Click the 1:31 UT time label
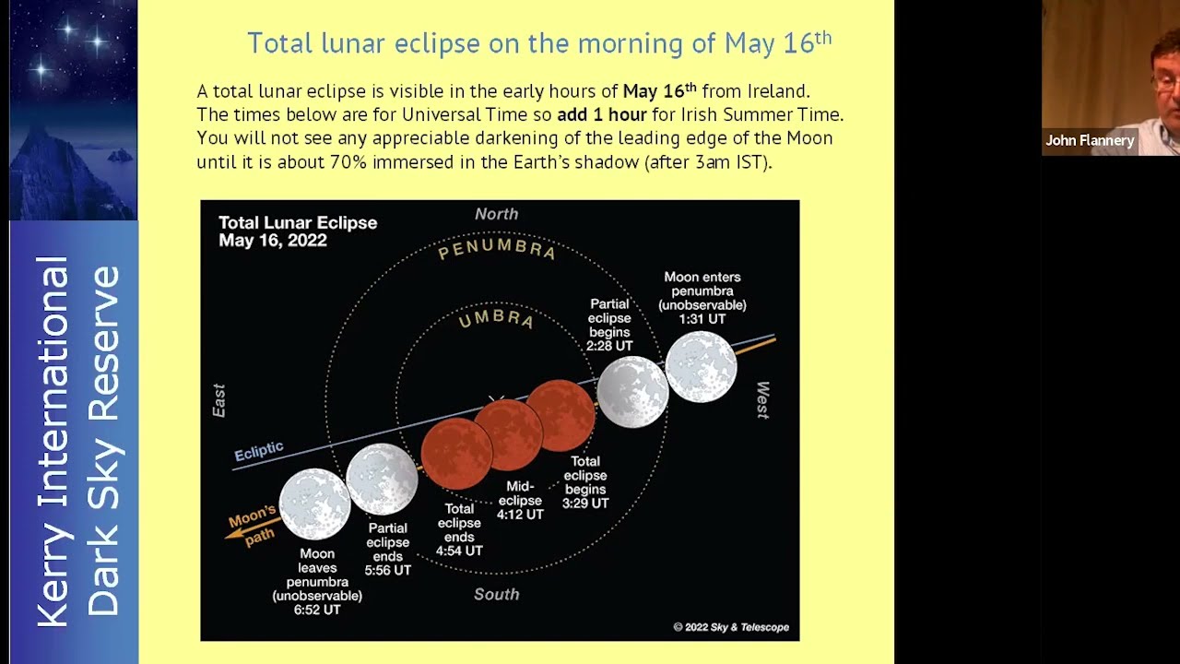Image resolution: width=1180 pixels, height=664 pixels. click(x=702, y=319)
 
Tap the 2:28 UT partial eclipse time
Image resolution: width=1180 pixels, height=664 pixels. click(x=609, y=346)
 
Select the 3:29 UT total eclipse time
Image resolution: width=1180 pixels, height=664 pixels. click(x=585, y=504)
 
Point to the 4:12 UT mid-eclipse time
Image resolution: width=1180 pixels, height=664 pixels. click(x=520, y=515)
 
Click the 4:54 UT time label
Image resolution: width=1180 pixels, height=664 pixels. click(x=459, y=551)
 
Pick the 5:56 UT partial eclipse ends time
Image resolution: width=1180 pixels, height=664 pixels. click(x=387, y=570)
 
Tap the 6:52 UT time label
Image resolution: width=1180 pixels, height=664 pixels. click(x=317, y=610)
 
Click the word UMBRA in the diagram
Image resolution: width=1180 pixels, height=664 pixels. click(x=497, y=319)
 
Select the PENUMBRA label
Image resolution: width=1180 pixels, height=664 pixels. click(x=497, y=250)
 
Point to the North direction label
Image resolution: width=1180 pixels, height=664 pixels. click(x=497, y=214)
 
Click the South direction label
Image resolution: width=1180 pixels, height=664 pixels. click(x=497, y=594)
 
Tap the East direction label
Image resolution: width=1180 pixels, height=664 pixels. click(x=219, y=400)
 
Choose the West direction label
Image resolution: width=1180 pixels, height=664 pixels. click(x=762, y=399)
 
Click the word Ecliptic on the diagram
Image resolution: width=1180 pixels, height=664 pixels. click(x=259, y=451)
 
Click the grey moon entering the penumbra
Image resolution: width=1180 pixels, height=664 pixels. click(x=702, y=367)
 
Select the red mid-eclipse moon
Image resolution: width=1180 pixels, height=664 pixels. click(x=508, y=433)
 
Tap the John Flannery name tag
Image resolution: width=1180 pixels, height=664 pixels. click(x=1090, y=141)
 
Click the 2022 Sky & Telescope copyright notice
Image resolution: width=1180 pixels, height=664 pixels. click(x=731, y=627)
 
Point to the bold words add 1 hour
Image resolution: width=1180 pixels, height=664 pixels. click(x=601, y=115)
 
